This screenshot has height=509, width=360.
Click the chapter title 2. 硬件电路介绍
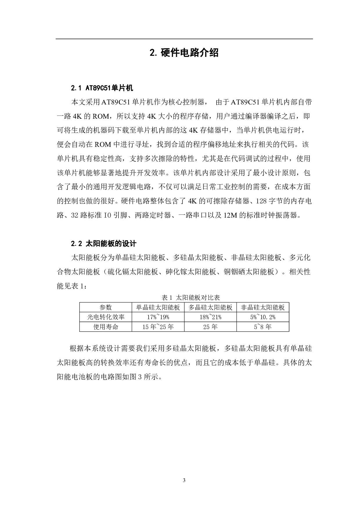pos(184,53)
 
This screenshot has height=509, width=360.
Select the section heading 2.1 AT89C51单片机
pos(102,88)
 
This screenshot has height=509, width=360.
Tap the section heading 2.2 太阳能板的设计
pos(104,243)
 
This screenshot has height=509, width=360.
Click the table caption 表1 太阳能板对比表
pos(191,297)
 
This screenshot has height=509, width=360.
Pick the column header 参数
pos(106,308)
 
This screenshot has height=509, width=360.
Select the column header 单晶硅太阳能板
pos(158,308)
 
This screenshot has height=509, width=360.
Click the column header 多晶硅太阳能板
pos(210,308)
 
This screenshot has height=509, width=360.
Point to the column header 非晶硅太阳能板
pos(263,308)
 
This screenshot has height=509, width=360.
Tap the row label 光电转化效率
pos(106,317)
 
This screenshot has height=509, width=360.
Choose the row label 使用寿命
pos(106,327)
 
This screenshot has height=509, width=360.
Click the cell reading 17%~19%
pos(158,317)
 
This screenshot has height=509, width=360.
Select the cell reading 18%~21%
pos(210,317)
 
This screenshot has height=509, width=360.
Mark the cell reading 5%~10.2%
pos(263,317)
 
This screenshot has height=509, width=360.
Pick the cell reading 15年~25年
pos(158,327)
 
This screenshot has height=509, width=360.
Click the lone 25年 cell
pos(210,327)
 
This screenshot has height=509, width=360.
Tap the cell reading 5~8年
pos(263,327)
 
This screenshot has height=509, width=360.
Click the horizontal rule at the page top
pos(184,39)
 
